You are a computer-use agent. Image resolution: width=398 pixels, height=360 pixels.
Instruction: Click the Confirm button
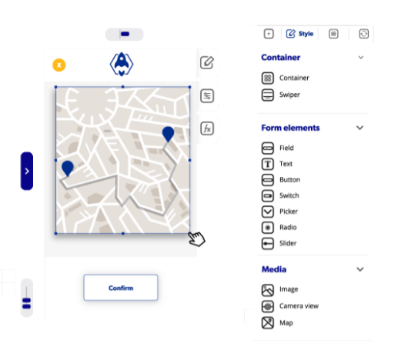click(x=121, y=288)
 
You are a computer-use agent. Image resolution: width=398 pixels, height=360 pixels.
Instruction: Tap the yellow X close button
click(x=59, y=65)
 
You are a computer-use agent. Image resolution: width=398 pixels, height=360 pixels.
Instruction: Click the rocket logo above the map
click(x=122, y=64)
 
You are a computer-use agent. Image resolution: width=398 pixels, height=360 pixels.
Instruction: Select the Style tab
click(x=299, y=34)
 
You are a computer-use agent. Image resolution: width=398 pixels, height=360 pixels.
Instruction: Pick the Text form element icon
click(x=268, y=164)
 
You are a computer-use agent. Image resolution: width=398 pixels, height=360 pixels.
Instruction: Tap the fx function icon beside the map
click(x=207, y=128)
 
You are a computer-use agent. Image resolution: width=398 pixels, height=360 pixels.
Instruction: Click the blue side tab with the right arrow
click(x=27, y=171)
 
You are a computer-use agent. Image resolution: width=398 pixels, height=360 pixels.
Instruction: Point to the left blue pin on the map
click(x=68, y=168)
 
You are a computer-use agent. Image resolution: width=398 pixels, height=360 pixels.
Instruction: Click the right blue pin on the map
click(x=168, y=134)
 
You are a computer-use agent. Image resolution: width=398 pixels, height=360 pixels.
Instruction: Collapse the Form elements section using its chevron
click(x=360, y=128)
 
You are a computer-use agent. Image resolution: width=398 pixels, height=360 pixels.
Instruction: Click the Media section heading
click(x=274, y=269)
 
